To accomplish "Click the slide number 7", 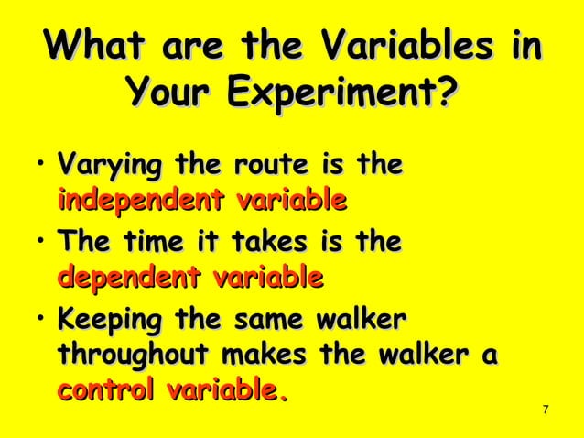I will [546, 409].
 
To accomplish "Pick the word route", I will [274, 167].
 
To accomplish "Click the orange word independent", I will [141, 199].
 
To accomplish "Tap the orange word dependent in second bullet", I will [129, 276].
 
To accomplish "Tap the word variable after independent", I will [291, 199].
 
